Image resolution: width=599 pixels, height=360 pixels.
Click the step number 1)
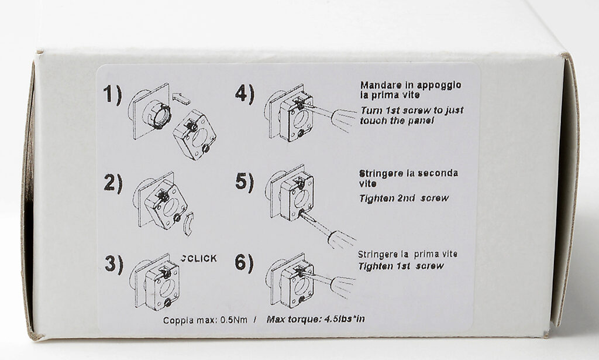point(113,95)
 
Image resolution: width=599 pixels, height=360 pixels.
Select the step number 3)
point(114,263)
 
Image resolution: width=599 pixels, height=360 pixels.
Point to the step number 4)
point(245,95)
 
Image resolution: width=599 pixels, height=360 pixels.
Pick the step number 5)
point(245,182)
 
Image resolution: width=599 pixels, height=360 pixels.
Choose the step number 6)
point(245,263)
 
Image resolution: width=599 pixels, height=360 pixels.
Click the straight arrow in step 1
point(181,98)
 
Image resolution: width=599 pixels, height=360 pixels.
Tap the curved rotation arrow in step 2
point(188,224)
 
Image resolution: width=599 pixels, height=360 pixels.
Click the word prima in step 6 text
point(426,254)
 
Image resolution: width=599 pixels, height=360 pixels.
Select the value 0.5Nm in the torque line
point(234,320)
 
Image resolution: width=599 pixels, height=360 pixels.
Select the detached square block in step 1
point(195,135)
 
